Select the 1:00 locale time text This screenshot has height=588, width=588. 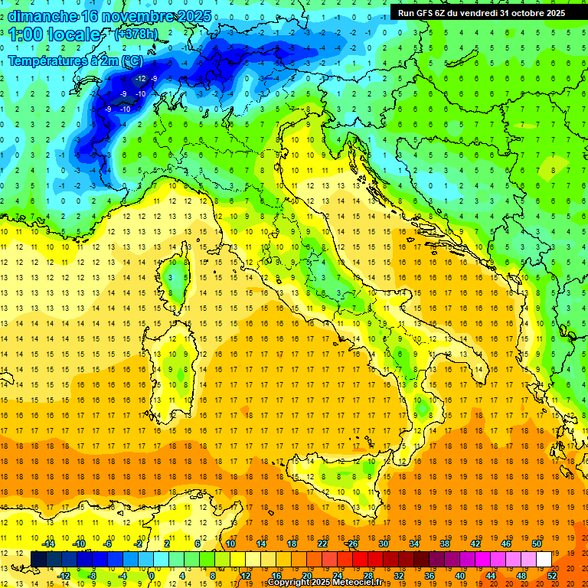click(54, 34)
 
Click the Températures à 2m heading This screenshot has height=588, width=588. click(74, 60)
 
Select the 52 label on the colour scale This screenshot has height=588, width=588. click(552, 575)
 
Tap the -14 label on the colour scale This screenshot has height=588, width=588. click(48, 544)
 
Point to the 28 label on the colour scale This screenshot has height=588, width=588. click(367, 575)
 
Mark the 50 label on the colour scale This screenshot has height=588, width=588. click(537, 544)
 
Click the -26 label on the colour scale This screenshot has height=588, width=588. click(351, 544)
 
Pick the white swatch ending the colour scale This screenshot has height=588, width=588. click(544, 559)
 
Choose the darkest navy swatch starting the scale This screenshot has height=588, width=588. click(38, 559)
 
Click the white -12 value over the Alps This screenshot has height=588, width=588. click(140, 79)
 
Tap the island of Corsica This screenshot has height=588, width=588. click(177, 279)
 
